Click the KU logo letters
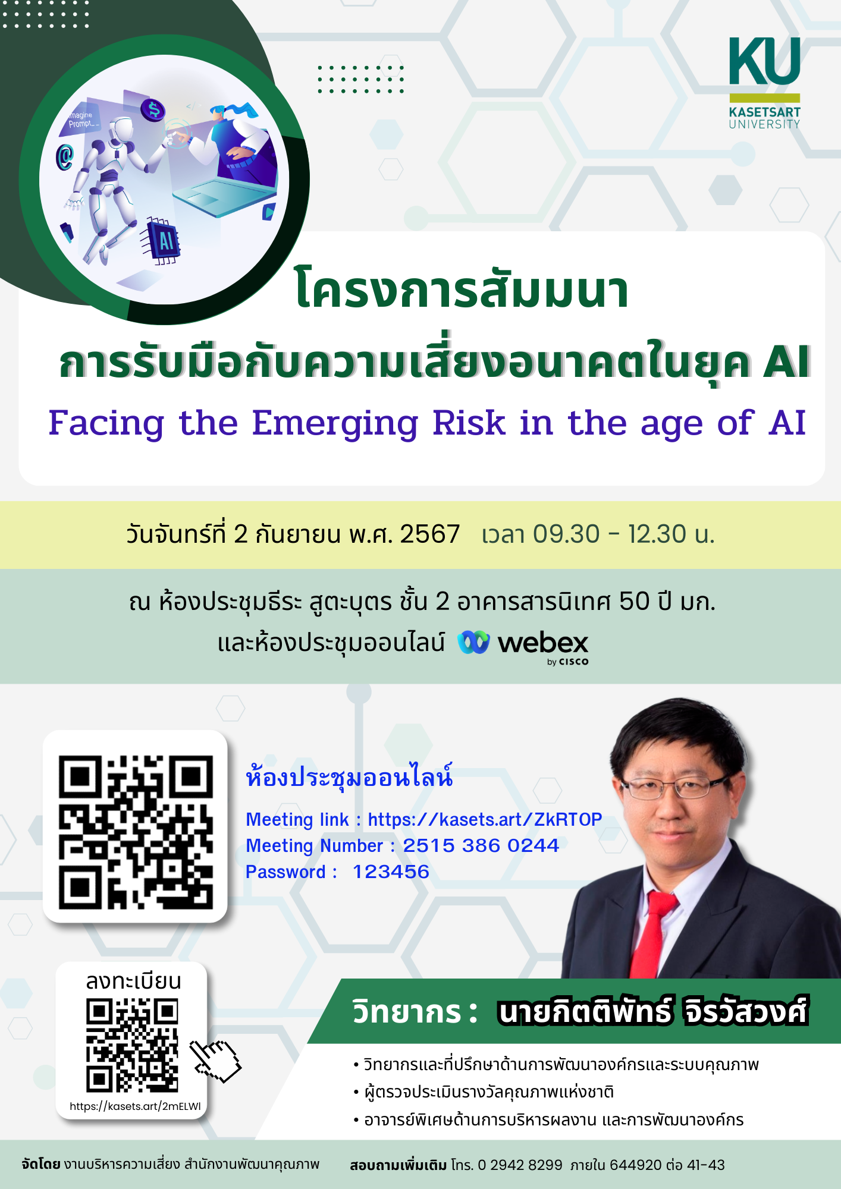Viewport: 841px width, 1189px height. [x=765, y=61]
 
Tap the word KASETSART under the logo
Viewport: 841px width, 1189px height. [x=765, y=112]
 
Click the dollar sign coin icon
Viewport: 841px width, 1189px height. [x=153, y=109]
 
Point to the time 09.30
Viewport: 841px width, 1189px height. [x=566, y=534]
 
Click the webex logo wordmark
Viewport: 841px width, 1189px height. [x=542, y=643]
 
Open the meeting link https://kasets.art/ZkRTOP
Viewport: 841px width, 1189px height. [x=485, y=819]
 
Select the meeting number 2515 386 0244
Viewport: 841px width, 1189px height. [x=481, y=845]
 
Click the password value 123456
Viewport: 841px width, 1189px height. [x=391, y=872]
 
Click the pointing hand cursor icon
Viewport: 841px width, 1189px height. [x=215, y=1062]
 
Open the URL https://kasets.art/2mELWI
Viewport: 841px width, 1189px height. [x=135, y=1106]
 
